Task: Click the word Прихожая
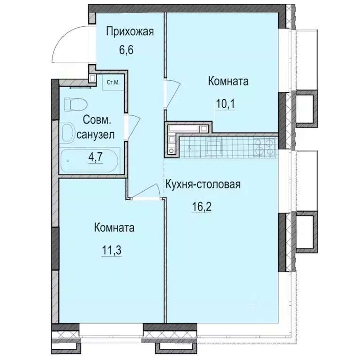tap(130, 32)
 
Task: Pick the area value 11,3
tap(114, 249)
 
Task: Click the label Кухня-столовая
tap(202, 184)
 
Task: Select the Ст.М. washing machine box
tap(112, 83)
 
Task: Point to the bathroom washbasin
tap(68, 130)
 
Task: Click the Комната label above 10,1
tap(228, 82)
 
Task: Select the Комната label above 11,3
tap(114, 228)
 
